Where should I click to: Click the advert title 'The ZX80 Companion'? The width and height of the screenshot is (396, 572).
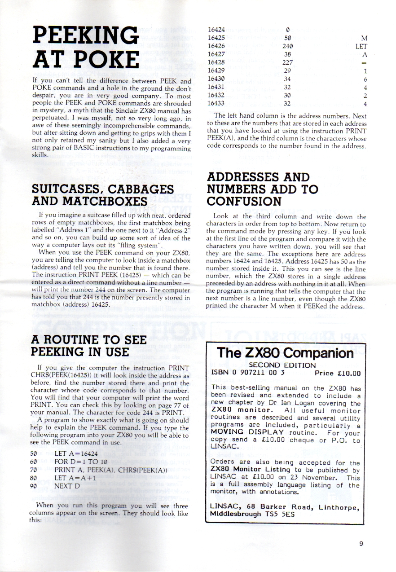285,353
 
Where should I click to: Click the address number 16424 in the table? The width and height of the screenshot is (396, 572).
217,31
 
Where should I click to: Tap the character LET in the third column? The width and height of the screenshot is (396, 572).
361,46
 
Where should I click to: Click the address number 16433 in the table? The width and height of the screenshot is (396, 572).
217,103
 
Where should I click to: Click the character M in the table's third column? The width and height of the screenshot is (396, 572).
364,39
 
